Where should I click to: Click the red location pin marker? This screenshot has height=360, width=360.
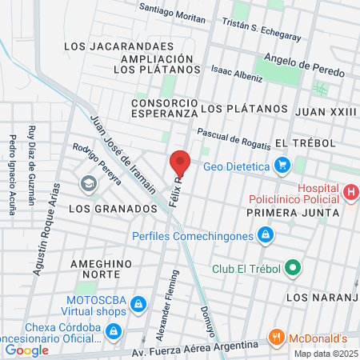pos(180,163)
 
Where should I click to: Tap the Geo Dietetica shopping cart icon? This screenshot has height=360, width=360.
pos(282,166)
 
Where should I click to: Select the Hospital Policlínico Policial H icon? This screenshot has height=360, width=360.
pos(351,192)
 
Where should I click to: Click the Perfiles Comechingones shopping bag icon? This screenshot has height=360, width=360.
pos(266,236)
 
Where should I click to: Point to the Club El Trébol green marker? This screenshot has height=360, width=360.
pos(293,268)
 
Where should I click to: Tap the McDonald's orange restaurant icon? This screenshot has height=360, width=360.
pos(276,336)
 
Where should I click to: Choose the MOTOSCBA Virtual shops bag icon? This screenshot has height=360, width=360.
pos(139,304)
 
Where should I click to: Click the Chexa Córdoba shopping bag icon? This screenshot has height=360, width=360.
pos(114,330)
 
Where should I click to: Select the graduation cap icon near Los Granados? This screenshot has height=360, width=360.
pos(87,184)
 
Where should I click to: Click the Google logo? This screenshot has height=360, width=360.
pos(26,350)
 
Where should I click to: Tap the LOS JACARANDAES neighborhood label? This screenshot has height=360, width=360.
pos(106,46)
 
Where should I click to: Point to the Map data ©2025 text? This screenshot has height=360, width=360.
pos(326,354)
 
